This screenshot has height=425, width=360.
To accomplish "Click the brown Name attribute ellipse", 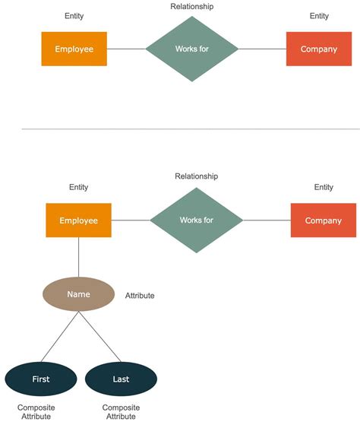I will (x=79, y=294).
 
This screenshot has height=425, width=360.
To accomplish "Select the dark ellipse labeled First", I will (x=41, y=379).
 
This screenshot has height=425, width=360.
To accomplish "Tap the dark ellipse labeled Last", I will (x=121, y=379).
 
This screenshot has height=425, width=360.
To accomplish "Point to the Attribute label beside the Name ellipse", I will (x=140, y=295).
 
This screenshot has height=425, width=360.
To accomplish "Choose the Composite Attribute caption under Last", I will (x=121, y=412).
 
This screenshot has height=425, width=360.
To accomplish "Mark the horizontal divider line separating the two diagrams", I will (x=180, y=129).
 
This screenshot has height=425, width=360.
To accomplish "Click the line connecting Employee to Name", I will (x=79, y=257).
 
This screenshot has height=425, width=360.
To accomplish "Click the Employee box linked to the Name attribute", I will (x=79, y=220).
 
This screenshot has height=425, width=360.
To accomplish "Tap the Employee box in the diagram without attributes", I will (x=74, y=49).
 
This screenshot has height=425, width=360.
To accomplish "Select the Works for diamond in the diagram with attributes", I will (x=197, y=220).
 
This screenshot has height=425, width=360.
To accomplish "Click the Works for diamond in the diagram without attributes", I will (x=192, y=49).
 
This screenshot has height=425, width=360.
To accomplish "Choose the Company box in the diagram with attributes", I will (x=324, y=220).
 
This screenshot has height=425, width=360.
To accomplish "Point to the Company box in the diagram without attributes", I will (x=319, y=49).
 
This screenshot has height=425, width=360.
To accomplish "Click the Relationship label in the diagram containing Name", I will (x=197, y=176).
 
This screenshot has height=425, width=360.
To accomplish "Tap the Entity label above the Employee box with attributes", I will (x=79, y=187).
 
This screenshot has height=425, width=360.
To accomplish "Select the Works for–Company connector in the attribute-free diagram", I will (x=262, y=49).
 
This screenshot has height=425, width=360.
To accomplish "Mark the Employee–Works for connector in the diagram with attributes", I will (x=131, y=220).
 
